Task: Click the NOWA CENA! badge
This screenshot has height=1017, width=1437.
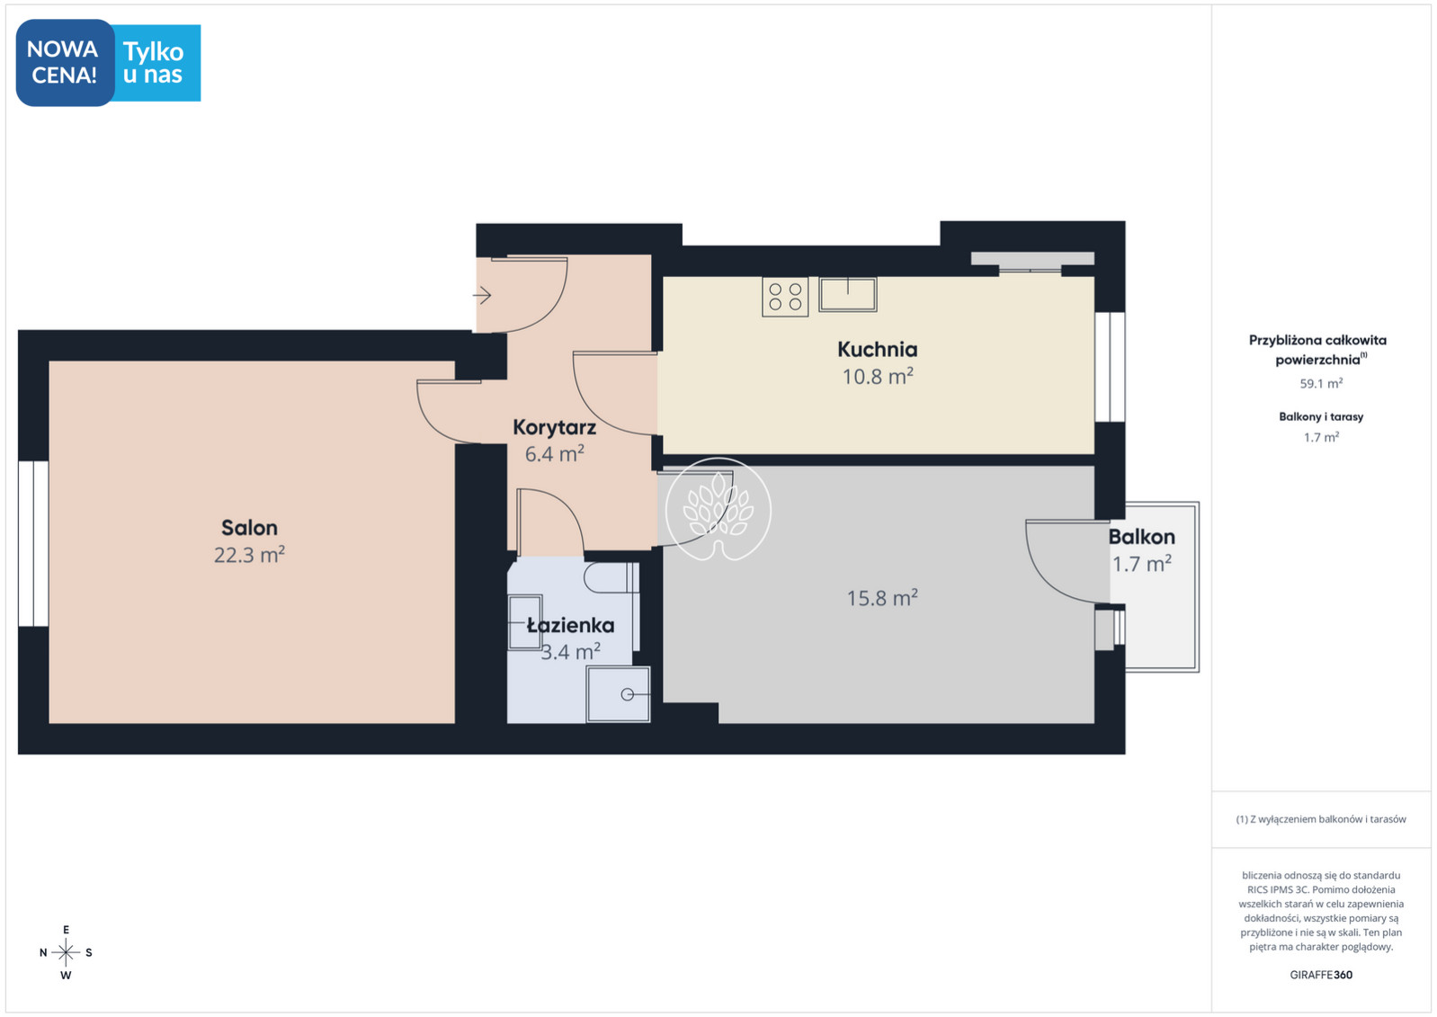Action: point(65,62)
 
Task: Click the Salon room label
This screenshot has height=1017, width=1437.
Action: point(250,528)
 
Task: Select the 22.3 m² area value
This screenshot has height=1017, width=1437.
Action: point(249,555)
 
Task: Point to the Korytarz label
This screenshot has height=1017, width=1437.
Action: point(554,427)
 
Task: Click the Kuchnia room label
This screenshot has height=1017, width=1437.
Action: point(878,350)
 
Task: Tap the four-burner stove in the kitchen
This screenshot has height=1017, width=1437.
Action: point(785,297)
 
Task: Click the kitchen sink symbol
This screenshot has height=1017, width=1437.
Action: point(847,295)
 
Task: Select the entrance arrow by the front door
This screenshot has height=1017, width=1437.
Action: point(482,296)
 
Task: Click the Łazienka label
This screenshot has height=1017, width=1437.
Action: point(570,625)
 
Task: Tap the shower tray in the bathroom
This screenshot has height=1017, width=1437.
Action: point(618,694)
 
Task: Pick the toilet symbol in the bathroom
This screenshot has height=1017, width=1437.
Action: point(611,577)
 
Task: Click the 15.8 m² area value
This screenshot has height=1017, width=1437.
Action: point(882,598)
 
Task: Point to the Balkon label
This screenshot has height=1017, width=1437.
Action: point(1142,537)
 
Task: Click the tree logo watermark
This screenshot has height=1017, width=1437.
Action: point(718,509)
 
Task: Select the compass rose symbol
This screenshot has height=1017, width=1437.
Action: point(66,952)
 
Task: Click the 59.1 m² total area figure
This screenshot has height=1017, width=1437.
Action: point(1322,384)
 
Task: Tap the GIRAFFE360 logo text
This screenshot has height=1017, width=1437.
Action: point(1321,975)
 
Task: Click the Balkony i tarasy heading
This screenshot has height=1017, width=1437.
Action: point(1321,416)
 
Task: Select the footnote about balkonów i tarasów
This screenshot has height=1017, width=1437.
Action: point(1321,819)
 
